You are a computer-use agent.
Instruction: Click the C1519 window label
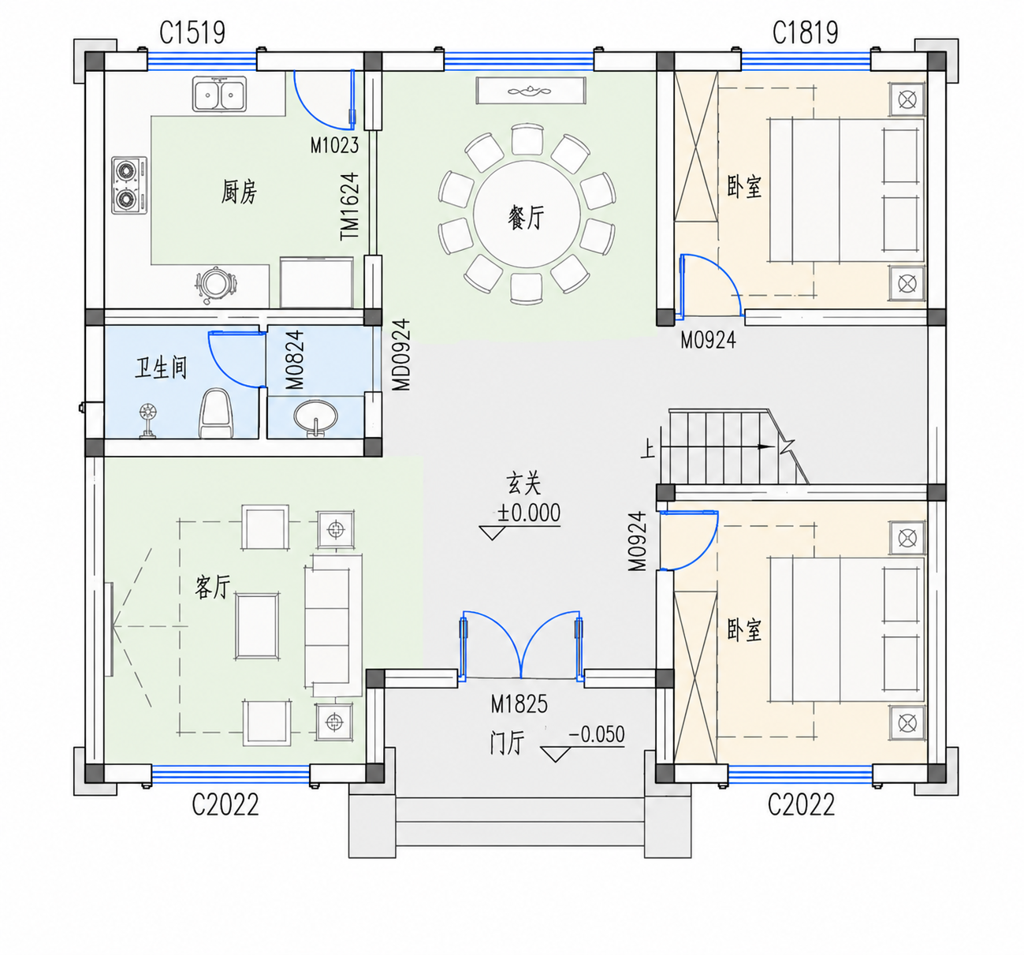(192, 33)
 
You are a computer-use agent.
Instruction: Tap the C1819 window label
(805, 33)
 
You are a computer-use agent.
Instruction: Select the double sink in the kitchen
(219, 94)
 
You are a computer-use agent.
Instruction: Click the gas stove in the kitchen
(129, 185)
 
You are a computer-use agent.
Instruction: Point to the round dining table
(526, 215)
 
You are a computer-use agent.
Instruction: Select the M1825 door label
(519, 703)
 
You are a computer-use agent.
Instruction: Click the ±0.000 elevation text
(528, 513)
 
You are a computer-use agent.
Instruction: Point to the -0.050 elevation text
(597, 734)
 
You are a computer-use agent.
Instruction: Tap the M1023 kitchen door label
(334, 145)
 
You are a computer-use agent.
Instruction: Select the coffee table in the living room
(257, 626)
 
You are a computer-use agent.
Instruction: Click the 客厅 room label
(213, 588)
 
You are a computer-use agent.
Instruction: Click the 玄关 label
(524, 484)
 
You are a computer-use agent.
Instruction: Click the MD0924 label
(401, 355)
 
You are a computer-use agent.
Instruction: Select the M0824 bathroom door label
(295, 360)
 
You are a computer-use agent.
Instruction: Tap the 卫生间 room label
(161, 368)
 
